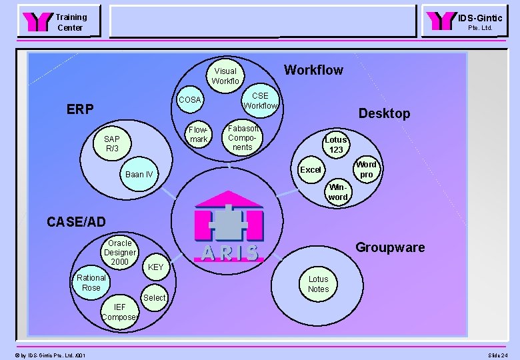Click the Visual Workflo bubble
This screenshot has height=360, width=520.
point(225,76)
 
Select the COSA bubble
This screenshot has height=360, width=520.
point(190,100)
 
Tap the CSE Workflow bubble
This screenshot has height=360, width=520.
point(260,101)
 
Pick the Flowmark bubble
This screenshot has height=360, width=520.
point(199,134)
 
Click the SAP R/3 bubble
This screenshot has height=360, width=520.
point(112,143)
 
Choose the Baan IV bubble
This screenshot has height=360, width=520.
point(139,175)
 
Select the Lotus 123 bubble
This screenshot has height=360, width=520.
point(336,145)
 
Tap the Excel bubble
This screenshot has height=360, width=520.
point(311,170)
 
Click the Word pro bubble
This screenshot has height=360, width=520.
point(366,169)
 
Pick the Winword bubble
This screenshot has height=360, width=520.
point(338,192)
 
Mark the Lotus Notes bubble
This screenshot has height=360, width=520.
point(319,284)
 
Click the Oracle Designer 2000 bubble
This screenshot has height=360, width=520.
point(120,253)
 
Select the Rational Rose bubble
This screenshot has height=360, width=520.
point(91,283)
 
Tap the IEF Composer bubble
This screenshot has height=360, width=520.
point(120,312)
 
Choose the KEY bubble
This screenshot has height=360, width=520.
point(156,267)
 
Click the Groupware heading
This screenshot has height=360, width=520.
point(390,248)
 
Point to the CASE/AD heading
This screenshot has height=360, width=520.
point(76,221)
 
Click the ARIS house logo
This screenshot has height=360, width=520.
point(229,227)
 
